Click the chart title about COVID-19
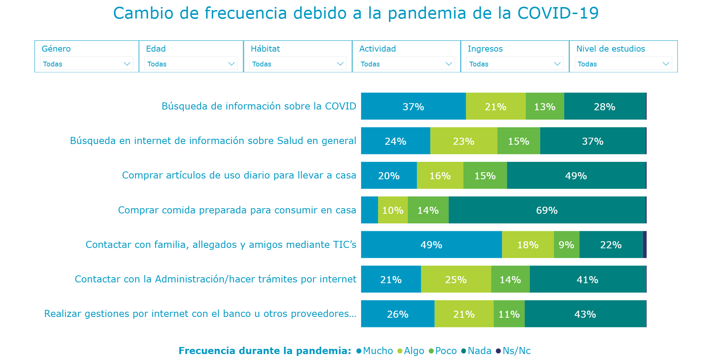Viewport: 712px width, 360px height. click(x=355, y=13)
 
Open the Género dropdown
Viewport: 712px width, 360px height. click(x=86, y=63)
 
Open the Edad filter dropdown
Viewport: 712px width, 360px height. click(x=191, y=63)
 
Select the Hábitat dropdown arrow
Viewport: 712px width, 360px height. click(x=340, y=64)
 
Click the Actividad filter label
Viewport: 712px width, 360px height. click(x=377, y=49)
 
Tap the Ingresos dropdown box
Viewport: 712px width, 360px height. click(x=514, y=63)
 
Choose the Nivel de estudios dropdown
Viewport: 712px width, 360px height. click(x=623, y=63)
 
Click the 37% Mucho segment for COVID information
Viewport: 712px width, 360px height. click(x=413, y=107)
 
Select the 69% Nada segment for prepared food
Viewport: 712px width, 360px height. click(x=547, y=210)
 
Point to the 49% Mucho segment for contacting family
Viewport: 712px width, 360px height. click(x=431, y=245)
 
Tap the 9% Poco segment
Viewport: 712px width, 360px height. click(x=566, y=245)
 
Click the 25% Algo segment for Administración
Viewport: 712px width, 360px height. click(x=456, y=279)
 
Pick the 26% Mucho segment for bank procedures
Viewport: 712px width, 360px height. click(x=397, y=314)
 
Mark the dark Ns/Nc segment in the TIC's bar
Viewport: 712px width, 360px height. click(x=644, y=245)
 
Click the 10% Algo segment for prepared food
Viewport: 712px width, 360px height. click(x=393, y=210)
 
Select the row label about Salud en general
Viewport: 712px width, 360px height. click(x=213, y=141)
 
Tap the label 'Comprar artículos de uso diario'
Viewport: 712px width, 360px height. click(x=239, y=175)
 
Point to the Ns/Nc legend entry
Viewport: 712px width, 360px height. click(x=514, y=351)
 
